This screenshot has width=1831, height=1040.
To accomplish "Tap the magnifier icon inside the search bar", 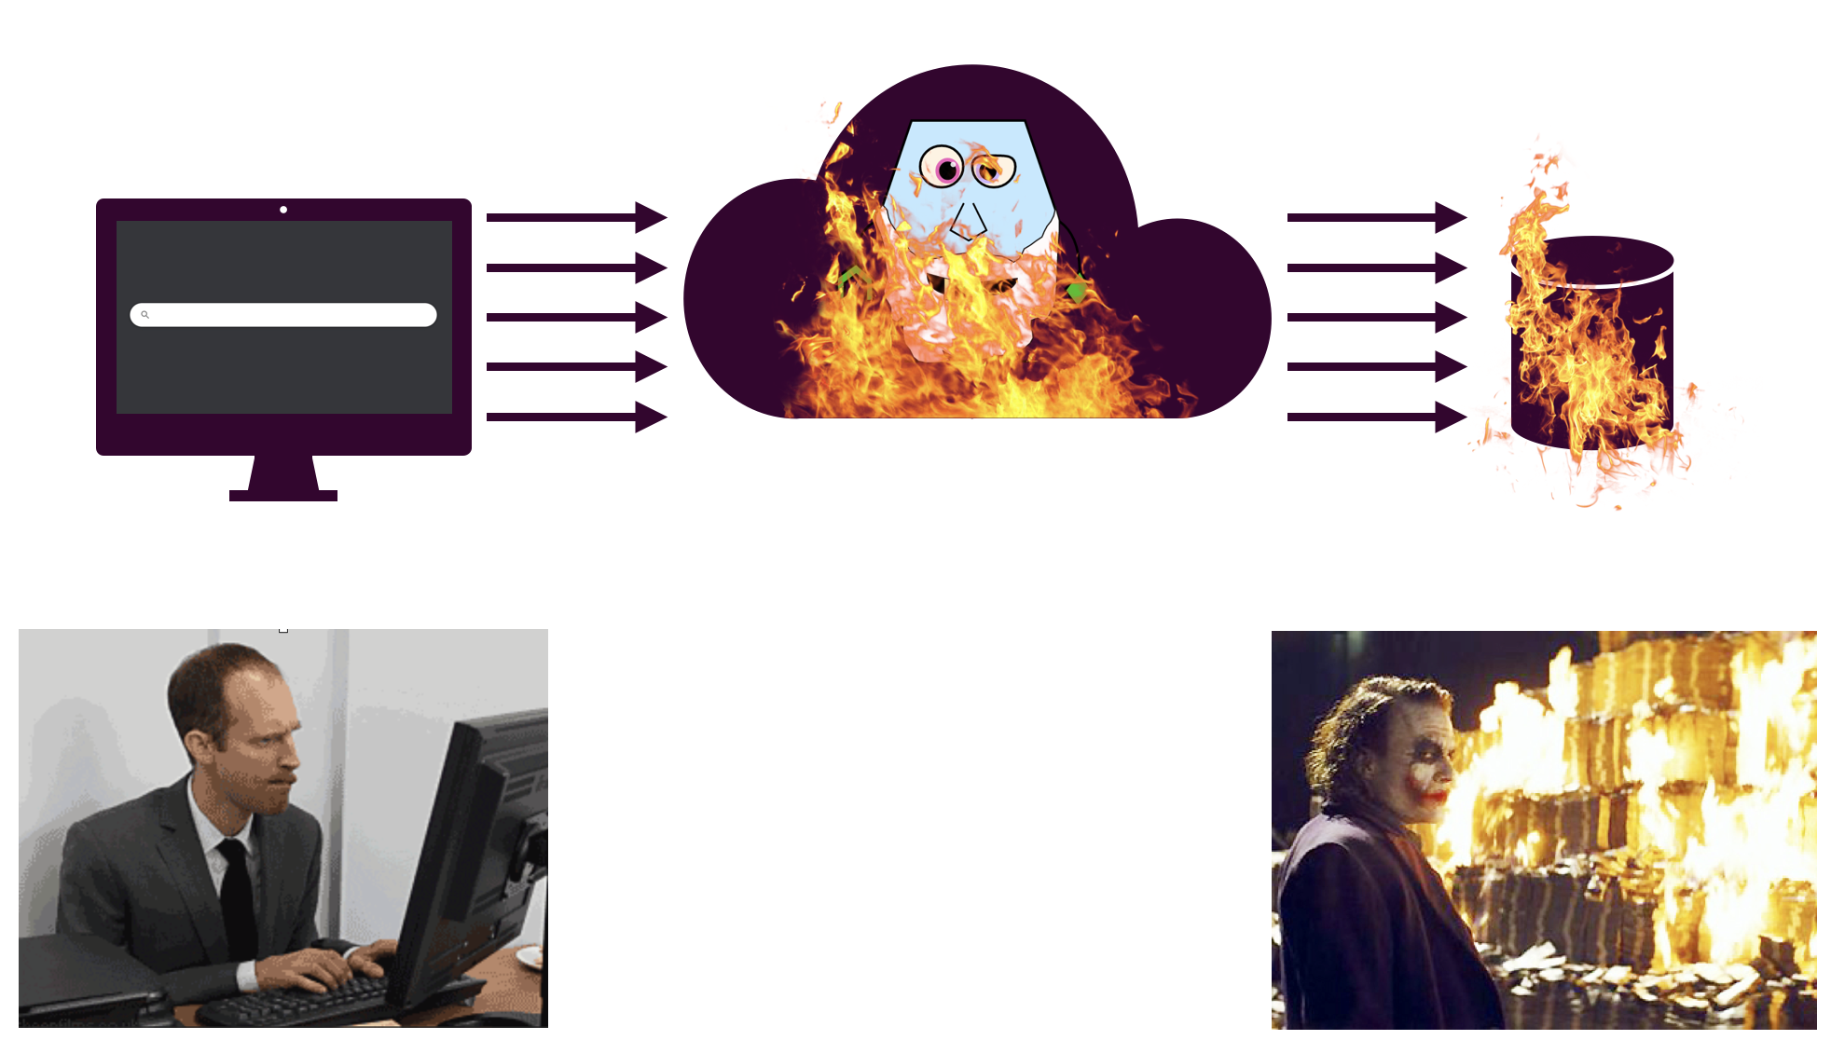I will point(145,315).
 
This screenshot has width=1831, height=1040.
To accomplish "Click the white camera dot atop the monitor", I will point(283,210).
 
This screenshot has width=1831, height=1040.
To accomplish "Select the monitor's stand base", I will point(283,495).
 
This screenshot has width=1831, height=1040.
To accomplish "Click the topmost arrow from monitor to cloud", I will point(576,217).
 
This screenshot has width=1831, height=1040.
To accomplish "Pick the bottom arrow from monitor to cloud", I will point(576,417).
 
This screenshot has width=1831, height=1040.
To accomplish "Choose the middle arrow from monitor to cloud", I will point(576,317).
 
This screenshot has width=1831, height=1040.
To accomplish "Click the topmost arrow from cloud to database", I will point(1376,217).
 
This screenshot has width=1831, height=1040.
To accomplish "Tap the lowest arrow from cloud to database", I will point(1376,417).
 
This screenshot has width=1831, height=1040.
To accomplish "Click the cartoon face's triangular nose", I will point(968,222).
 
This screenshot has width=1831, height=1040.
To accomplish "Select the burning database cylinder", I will point(1592,345).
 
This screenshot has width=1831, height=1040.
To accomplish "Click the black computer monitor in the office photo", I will point(475,839).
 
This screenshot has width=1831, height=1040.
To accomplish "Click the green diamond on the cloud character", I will point(1077,292).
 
